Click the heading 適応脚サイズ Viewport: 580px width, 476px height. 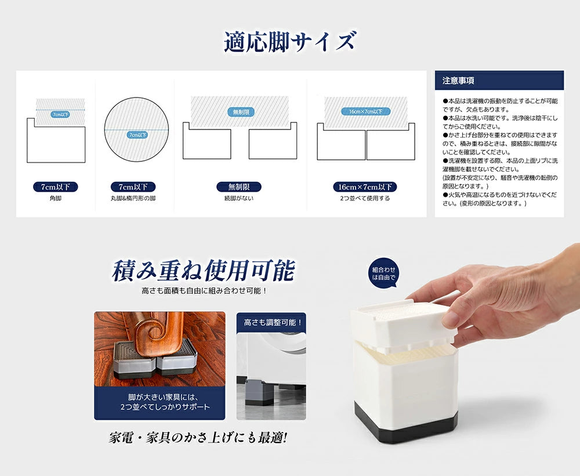[x=289, y=42]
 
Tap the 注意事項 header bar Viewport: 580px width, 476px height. [x=499, y=80]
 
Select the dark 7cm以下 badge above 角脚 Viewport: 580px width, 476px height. [x=56, y=187]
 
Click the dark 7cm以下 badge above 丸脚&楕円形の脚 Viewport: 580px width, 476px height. [x=133, y=187]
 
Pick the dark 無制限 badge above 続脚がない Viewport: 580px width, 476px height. [x=238, y=187]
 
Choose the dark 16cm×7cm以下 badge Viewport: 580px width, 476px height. [x=365, y=187]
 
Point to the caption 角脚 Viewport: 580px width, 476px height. [x=56, y=199]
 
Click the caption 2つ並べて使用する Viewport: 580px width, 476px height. [x=365, y=199]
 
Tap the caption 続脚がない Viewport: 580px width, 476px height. [x=238, y=199]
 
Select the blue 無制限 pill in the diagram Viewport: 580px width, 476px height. [x=240, y=111]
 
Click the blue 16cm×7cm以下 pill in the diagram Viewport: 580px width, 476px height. [x=365, y=111]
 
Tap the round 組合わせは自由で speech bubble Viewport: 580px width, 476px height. [x=383, y=273]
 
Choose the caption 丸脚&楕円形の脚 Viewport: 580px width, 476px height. [x=133, y=199]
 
